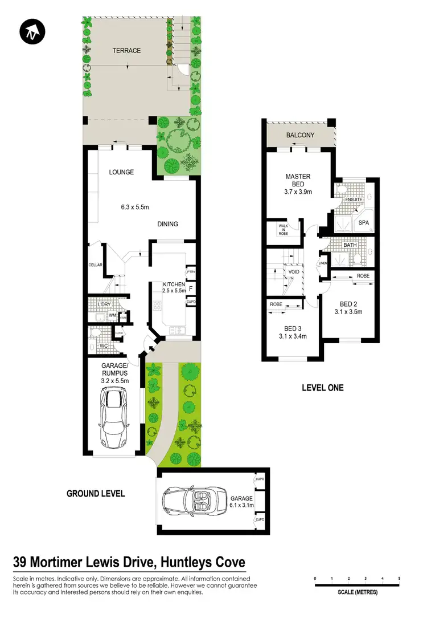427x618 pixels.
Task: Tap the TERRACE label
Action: tap(126, 51)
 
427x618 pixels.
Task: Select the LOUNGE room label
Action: tap(122, 172)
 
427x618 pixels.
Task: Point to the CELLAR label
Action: tap(95, 266)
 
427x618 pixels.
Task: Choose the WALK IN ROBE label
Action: tap(283, 230)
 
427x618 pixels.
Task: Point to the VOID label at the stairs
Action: tap(294, 273)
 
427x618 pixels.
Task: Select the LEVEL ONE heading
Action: tap(323, 388)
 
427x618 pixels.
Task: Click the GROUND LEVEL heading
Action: tap(96, 494)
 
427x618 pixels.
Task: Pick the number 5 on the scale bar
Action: tap(399, 579)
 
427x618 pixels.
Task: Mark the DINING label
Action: tap(167, 224)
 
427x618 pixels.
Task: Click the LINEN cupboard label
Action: tap(323, 263)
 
